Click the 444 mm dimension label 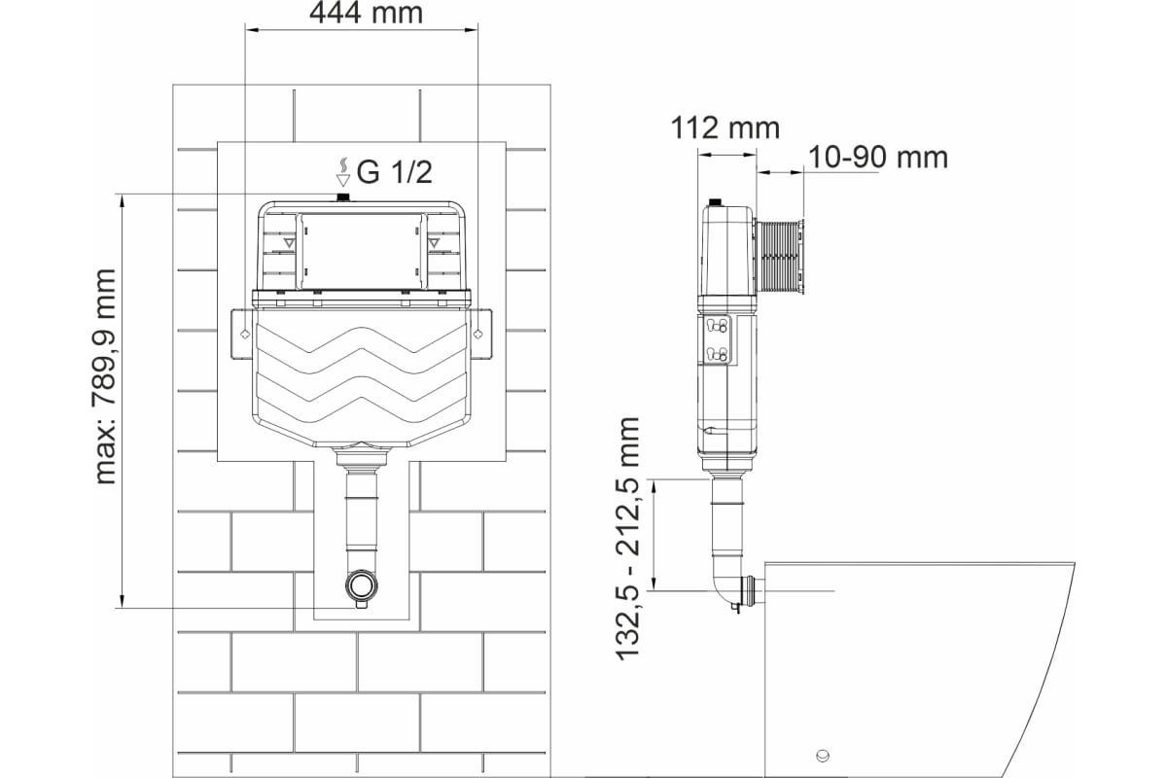pos(366,13)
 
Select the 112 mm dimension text pos(725,128)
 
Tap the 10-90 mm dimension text pos(878,158)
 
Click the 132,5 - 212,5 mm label pos(627,539)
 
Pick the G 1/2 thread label pos(394,172)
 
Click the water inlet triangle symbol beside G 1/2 pos(342,180)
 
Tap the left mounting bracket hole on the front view pos(245,334)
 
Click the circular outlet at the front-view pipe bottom pos(360,585)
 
